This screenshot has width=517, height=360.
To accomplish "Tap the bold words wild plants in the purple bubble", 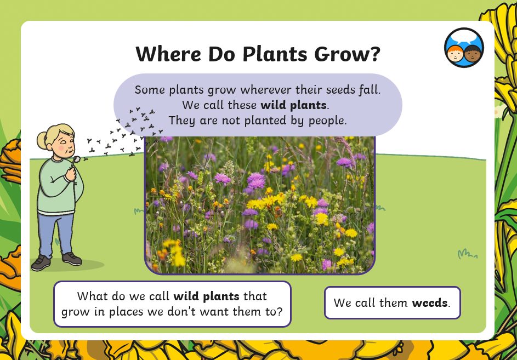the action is click(x=293, y=105).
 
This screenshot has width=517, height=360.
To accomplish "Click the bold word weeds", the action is click(x=430, y=302).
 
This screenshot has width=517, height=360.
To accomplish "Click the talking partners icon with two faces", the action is click(x=464, y=48).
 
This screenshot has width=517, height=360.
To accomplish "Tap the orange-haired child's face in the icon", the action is click(x=455, y=54).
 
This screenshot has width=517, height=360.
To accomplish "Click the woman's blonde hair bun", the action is click(x=42, y=140).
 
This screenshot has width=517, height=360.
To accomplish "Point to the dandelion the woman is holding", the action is click(x=76, y=159).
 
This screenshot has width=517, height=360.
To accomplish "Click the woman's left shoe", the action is click(x=72, y=259).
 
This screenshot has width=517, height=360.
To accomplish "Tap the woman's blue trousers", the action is click(x=56, y=234).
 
